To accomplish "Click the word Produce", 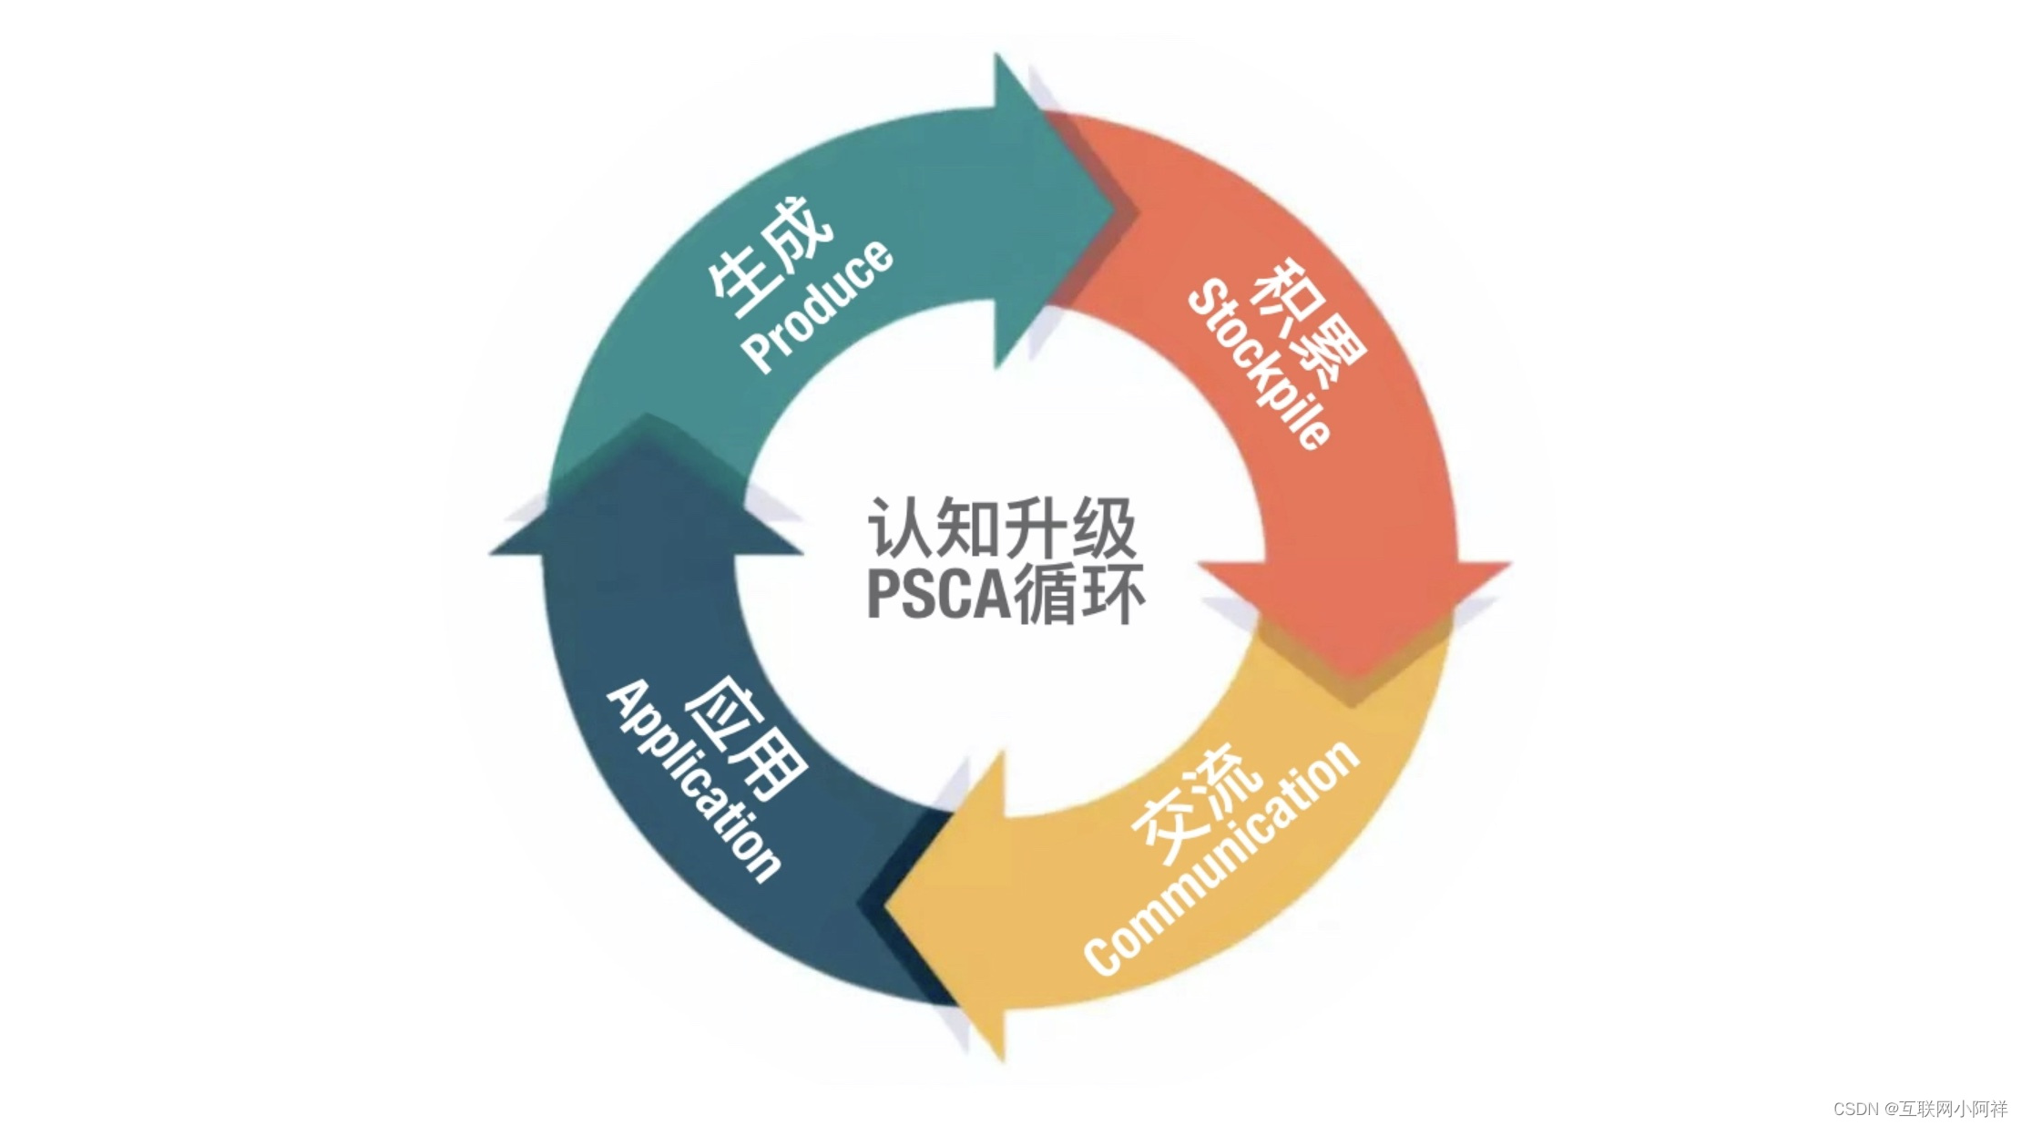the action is (818, 306).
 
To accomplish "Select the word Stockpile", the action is (1260, 364).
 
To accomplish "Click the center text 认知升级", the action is (1002, 528).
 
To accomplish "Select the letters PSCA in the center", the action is (938, 594).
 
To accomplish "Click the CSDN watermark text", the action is (1855, 1109).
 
